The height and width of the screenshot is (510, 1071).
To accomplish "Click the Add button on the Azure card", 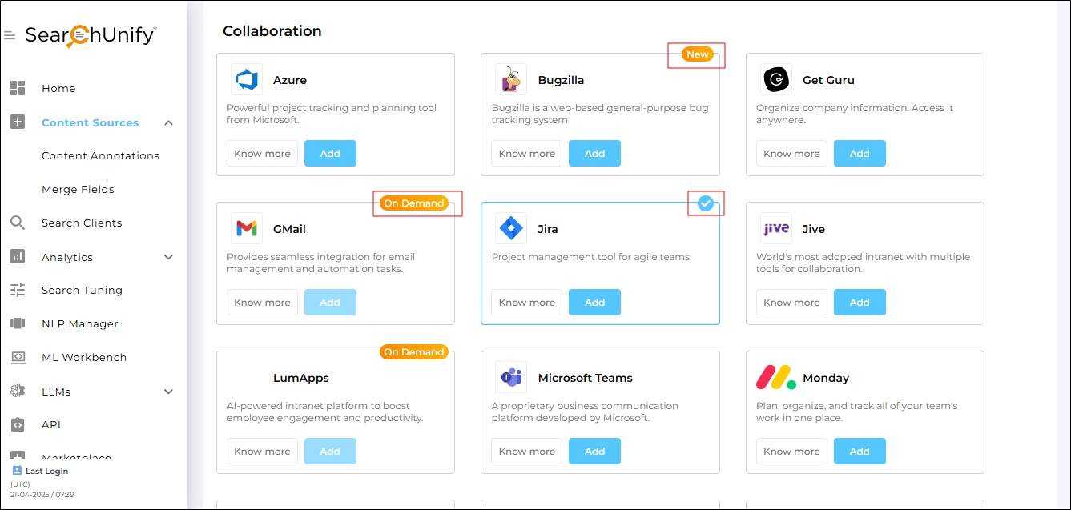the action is point(330,154).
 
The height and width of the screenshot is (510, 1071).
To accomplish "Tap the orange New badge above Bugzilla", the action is point(697,54).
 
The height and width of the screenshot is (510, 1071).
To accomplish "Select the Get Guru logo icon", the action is point(776,79).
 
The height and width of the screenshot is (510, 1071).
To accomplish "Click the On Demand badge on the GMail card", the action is point(414,203).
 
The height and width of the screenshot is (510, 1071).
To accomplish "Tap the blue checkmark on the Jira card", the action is point(705,203).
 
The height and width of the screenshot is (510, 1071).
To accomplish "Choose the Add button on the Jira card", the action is point(594,302).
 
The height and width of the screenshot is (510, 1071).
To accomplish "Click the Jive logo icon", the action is point(776,228).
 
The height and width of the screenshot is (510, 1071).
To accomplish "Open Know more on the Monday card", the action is point(791,452).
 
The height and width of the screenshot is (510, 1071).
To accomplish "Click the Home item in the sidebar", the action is point(58,88).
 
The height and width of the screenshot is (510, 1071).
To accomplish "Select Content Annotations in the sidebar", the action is point(100,156).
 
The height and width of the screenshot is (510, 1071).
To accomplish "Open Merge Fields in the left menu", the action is point(78,189).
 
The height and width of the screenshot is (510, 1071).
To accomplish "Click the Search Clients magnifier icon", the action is point(18,223).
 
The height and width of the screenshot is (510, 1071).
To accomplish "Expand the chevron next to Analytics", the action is point(168,257).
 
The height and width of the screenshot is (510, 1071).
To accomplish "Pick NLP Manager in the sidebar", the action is point(80,323).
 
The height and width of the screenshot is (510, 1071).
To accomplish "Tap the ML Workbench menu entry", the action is point(84,358).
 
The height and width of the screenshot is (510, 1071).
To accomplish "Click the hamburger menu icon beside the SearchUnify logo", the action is point(10,35).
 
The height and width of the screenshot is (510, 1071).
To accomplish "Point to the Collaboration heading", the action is point(272,31).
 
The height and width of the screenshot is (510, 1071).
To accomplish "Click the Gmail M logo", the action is point(247,228).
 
